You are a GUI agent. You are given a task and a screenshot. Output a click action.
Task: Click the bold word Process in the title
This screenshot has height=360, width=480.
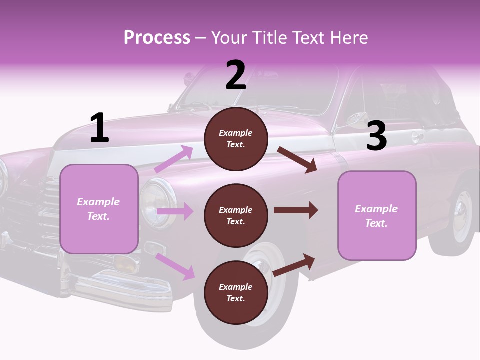[x=157, y=38]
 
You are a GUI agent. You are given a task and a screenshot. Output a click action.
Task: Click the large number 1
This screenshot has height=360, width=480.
[x=99, y=128]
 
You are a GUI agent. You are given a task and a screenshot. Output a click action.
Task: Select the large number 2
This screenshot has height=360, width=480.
[x=235, y=75]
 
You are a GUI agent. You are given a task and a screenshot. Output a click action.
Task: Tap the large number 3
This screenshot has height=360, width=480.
[x=376, y=136]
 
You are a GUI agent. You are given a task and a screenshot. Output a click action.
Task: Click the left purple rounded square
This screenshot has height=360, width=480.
[x=99, y=209]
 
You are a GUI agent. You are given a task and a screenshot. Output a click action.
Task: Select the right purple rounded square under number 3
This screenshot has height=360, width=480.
[x=377, y=215]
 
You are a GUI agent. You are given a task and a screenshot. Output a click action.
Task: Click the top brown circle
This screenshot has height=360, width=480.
[x=236, y=138]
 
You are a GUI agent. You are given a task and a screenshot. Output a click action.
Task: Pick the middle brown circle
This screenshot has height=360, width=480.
[x=236, y=215]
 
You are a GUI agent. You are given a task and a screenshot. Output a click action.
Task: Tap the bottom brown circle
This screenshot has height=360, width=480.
[x=236, y=292]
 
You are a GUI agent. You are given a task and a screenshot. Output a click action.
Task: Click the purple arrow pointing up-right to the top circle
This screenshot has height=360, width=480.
[x=174, y=159]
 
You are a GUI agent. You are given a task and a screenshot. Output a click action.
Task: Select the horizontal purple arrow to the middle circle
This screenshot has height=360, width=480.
[x=175, y=211]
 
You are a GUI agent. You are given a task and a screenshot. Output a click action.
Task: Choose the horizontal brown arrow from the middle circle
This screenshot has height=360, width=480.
[x=295, y=210]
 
